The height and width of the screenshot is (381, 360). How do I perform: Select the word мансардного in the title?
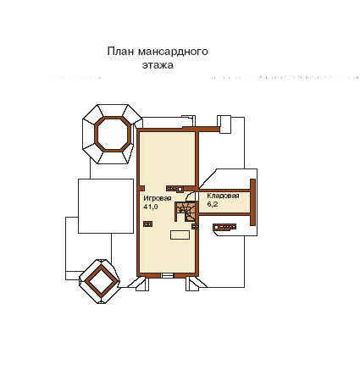[173, 52]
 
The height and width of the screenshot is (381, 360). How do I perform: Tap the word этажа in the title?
[158, 65]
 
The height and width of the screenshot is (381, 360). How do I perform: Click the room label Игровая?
[158, 198]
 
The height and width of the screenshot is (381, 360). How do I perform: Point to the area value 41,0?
[151, 207]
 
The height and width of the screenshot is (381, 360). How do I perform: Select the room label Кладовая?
[223, 196]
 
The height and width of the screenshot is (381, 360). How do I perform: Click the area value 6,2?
[213, 204]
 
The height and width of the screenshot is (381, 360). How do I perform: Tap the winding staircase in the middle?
[186, 212]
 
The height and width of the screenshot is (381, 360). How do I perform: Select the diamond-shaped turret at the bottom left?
[99, 281]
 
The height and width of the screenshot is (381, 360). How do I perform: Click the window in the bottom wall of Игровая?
[167, 275]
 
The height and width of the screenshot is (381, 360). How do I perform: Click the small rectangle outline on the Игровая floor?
[180, 235]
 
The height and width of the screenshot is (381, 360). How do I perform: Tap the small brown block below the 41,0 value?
[147, 224]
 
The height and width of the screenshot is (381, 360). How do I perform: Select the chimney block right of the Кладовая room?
[224, 227]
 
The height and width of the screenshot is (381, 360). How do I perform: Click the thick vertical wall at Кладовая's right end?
[252, 202]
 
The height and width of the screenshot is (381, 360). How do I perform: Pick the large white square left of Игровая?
[106, 206]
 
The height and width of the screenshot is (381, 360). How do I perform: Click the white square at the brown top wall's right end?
[225, 124]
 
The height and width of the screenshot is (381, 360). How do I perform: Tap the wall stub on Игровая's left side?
[142, 188]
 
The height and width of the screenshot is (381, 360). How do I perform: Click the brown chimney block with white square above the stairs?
[174, 189]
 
